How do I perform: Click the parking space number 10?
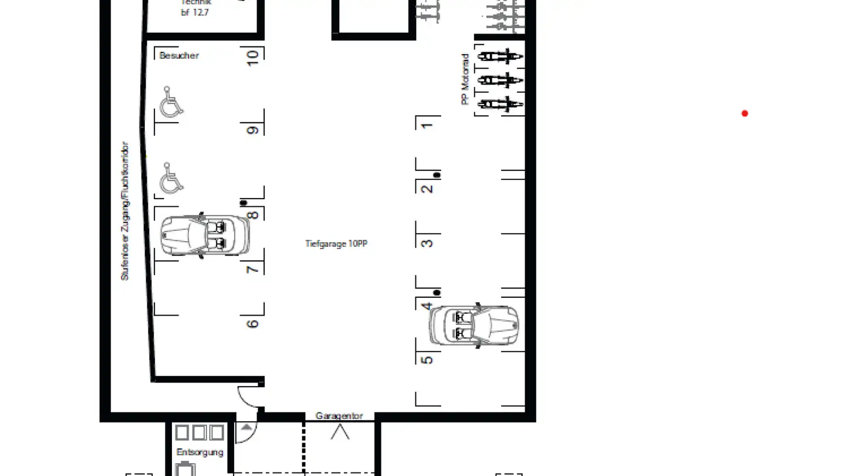coord(253,57)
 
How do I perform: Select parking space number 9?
coord(253,130)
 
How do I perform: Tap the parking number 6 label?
coord(253,323)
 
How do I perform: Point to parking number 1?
coord(428,125)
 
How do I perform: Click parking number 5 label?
coord(428,360)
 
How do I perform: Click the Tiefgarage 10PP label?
coord(336,243)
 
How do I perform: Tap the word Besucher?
coord(179,55)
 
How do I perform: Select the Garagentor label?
coord(339,415)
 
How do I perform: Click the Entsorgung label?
coord(200,452)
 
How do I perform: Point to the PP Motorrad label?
coord(465,79)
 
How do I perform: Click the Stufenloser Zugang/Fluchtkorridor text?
coord(124,210)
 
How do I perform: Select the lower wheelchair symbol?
coord(171,179)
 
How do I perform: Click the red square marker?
coord(745,114)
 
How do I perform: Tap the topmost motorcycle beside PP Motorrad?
coord(500,57)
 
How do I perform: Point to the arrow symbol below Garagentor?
coord(340,432)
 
